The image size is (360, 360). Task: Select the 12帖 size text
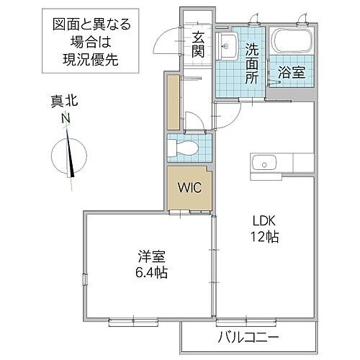265,236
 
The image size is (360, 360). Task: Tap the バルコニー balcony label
248,336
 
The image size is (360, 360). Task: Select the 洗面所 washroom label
252,63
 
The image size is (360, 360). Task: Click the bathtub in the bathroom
292,43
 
